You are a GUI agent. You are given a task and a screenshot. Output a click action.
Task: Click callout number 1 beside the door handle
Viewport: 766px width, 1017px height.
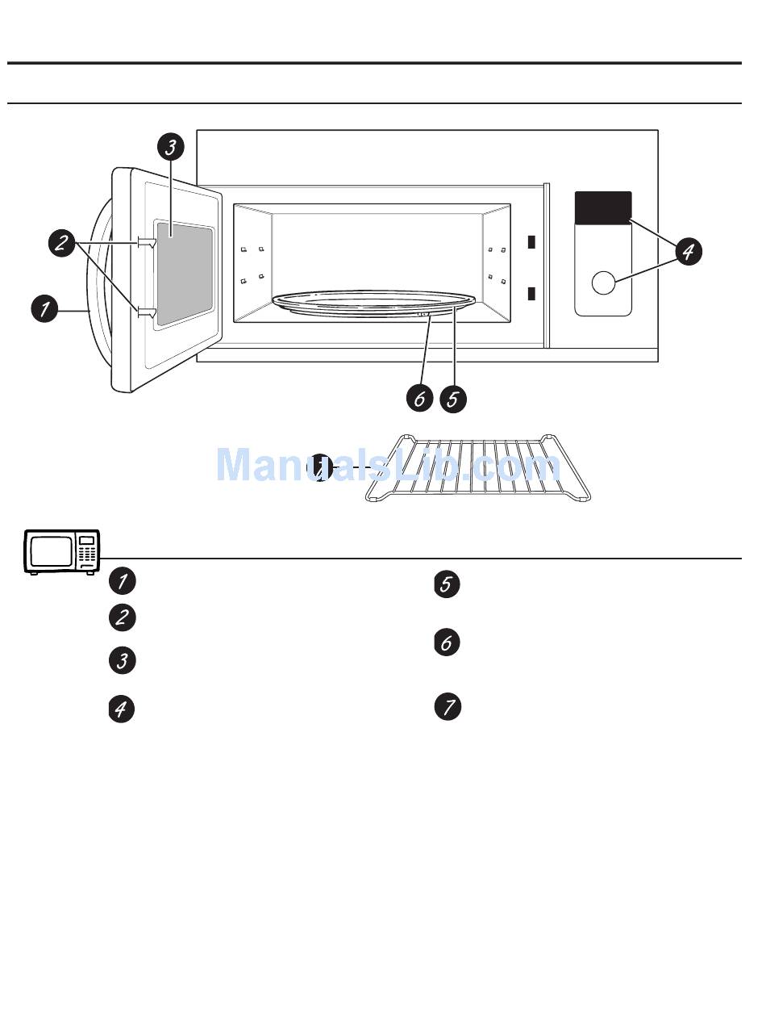coord(45,308)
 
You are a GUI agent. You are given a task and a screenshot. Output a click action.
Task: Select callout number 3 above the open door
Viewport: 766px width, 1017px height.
coord(170,147)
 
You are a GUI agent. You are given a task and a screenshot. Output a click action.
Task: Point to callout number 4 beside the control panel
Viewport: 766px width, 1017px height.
coord(687,251)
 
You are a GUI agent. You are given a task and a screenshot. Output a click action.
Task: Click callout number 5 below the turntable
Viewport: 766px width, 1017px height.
coord(453,398)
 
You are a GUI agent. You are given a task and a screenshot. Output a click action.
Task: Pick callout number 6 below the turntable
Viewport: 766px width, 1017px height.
coord(419,398)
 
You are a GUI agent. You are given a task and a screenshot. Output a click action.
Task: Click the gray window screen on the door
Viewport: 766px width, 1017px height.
coord(185,274)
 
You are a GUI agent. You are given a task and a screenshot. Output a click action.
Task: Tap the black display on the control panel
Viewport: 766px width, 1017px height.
coord(603,207)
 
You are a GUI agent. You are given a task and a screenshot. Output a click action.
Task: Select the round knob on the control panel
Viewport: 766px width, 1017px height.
coord(603,282)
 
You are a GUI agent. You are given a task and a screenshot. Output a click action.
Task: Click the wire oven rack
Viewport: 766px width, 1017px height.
coord(480,469)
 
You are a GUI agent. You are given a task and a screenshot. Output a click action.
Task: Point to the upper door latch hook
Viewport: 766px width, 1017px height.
coord(146,241)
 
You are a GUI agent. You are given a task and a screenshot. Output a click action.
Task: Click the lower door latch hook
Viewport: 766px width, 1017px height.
coord(146,312)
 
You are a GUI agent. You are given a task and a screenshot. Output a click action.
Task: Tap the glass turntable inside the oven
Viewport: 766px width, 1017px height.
coord(375,303)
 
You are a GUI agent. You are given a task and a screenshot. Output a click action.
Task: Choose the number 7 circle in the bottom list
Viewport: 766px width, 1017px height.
coord(448,707)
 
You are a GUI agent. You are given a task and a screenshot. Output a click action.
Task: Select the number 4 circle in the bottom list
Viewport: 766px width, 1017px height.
coord(122,709)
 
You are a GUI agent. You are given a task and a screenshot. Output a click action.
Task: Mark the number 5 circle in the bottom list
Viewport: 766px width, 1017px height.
coord(448,584)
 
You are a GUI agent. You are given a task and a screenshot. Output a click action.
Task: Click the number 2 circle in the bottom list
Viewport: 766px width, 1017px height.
coord(122,617)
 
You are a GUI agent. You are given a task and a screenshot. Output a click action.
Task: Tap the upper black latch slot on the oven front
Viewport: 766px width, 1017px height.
coord(531,241)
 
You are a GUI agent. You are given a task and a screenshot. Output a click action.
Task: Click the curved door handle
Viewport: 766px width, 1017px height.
coord(97,282)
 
